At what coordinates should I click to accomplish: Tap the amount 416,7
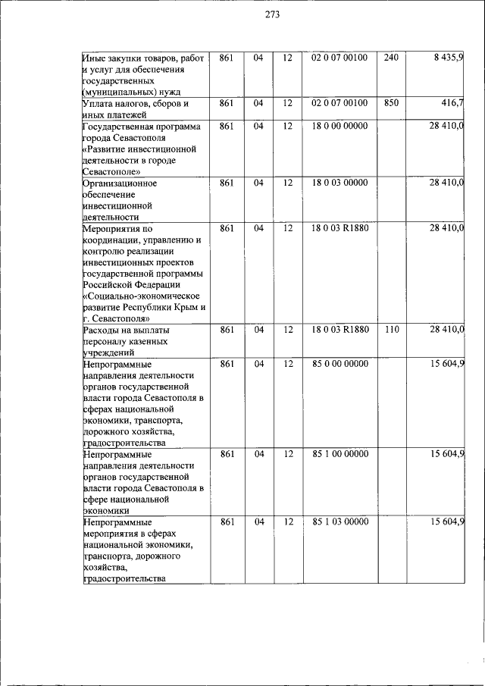[453, 102]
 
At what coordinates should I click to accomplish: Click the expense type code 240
[390, 58]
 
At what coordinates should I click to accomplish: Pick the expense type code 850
[390, 102]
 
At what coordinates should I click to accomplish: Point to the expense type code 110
[390, 330]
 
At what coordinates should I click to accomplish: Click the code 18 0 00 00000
[339, 126]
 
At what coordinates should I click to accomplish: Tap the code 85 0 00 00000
[339, 364]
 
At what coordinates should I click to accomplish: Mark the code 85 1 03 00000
[339, 522]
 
